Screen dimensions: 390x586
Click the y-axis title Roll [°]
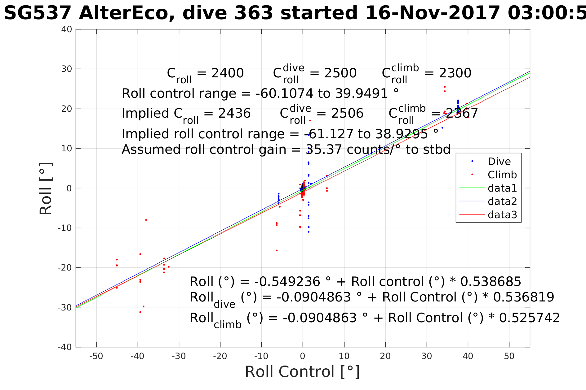coord(46,188)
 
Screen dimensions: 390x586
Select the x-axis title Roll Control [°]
coord(302,371)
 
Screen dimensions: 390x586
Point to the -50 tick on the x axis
coord(96,356)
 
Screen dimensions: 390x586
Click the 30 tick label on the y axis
coord(66,69)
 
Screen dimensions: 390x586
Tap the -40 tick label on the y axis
coord(65,347)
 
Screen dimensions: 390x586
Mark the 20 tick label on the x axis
coord(385,356)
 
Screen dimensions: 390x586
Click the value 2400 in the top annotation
coord(227,73)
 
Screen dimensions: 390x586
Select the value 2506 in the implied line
coord(347,113)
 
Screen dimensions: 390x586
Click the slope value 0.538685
coord(491,282)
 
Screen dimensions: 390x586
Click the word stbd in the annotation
coord(437,149)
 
